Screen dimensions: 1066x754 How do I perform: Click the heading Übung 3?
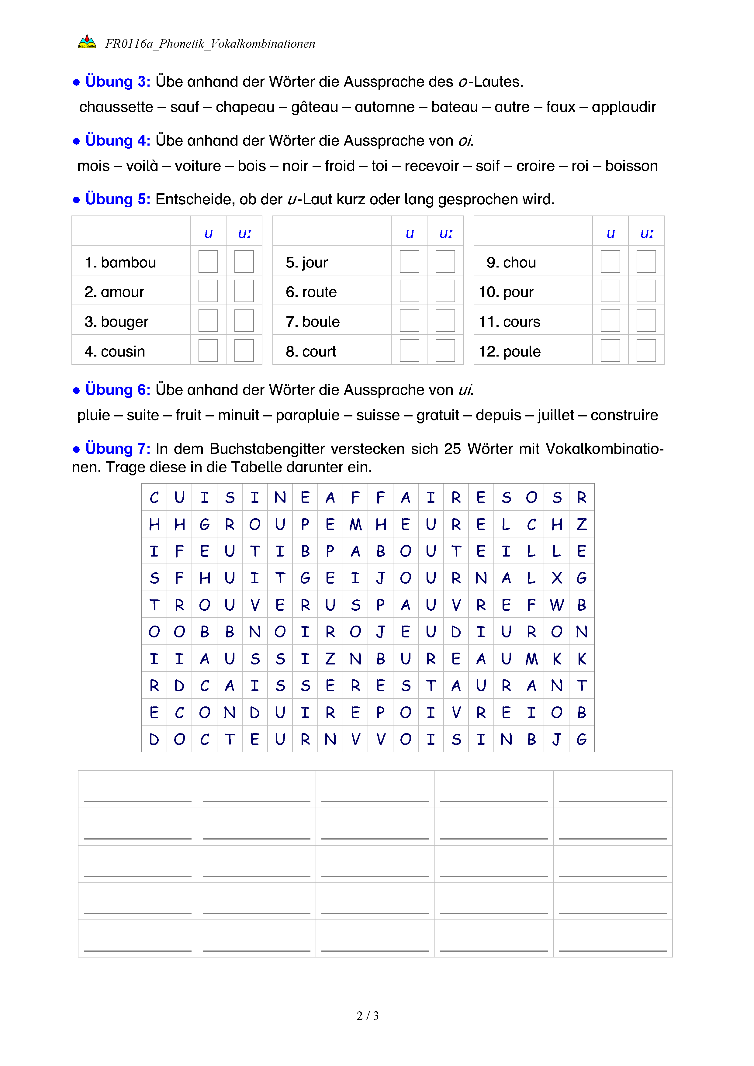click(x=117, y=82)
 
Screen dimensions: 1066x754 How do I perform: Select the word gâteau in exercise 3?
click(x=314, y=107)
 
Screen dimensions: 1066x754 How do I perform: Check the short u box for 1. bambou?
click(x=208, y=262)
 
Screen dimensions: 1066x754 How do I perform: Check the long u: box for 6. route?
click(x=445, y=292)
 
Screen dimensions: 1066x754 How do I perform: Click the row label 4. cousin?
click(x=115, y=351)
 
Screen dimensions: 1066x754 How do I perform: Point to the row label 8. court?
click(x=311, y=351)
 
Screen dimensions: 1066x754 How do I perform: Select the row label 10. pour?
click(x=506, y=292)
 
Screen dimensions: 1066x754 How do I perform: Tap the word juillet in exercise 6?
click(x=556, y=415)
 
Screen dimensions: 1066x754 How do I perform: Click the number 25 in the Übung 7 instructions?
click(x=452, y=449)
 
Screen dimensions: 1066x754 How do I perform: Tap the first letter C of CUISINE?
click(x=154, y=498)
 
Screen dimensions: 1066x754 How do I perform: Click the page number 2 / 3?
click(x=367, y=1016)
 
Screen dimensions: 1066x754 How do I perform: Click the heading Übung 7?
click(x=117, y=449)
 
